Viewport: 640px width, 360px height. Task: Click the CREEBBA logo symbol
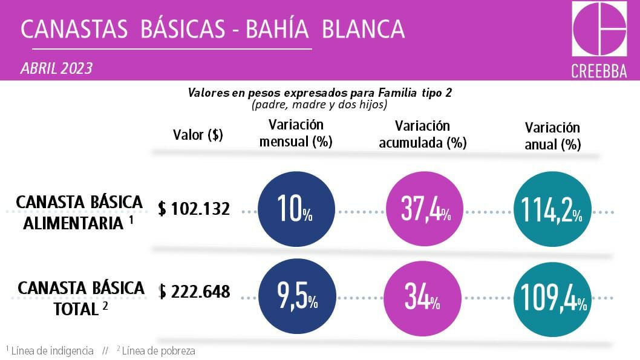point(599,29)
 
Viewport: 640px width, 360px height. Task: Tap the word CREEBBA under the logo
point(599,71)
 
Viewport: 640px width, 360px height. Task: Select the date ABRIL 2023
point(57,68)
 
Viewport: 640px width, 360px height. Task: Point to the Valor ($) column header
point(198,135)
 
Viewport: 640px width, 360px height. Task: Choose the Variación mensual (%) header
point(296,134)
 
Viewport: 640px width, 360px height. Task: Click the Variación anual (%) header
point(552,136)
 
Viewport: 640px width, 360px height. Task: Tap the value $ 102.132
point(194,209)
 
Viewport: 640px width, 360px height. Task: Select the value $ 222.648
point(194,292)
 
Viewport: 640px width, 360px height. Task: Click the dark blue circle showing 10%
point(296,211)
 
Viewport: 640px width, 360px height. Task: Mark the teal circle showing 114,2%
point(551,211)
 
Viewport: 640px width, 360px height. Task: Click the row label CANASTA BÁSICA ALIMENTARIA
point(79,212)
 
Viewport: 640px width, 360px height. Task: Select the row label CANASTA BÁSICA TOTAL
point(81,298)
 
